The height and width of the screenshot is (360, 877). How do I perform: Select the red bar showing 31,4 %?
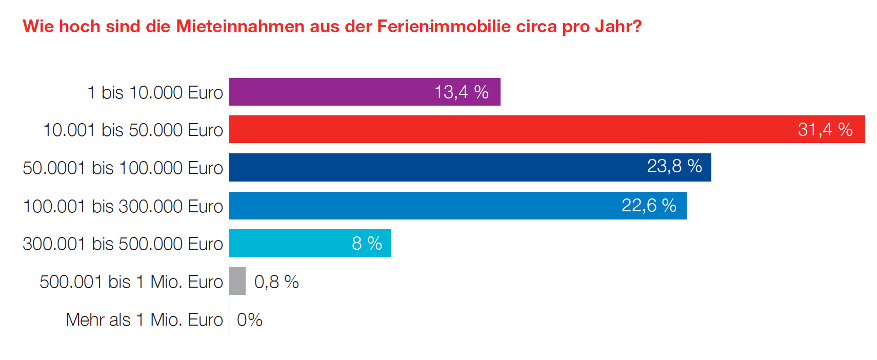(x=513, y=129)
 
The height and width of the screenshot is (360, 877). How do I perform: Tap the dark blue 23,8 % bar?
(x=436, y=167)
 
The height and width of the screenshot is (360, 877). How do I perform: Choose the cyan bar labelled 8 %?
(x=287, y=243)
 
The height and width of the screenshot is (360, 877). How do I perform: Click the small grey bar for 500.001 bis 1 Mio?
(x=237, y=281)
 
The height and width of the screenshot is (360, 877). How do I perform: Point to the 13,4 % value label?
(x=461, y=92)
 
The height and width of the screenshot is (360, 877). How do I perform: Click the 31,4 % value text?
(x=825, y=130)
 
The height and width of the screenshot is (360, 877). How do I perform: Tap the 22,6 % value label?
(x=648, y=206)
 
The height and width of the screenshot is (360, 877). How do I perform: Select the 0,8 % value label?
(x=276, y=282)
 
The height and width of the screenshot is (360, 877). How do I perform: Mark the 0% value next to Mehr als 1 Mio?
(x=249, y=320)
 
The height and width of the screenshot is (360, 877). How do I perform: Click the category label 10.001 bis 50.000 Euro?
(x=133, y=130)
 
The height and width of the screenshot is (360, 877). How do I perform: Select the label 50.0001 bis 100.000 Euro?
(x=123, y=168)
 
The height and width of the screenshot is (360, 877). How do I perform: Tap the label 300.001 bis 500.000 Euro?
(x=123, y=244)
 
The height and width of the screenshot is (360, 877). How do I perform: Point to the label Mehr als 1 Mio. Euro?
(x=144, y=320)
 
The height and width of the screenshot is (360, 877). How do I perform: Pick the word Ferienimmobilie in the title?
(x=444, y=27)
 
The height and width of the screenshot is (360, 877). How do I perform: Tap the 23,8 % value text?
(x=674, y=166)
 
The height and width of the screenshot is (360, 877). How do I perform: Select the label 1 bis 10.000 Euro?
(x=155, y=93)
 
